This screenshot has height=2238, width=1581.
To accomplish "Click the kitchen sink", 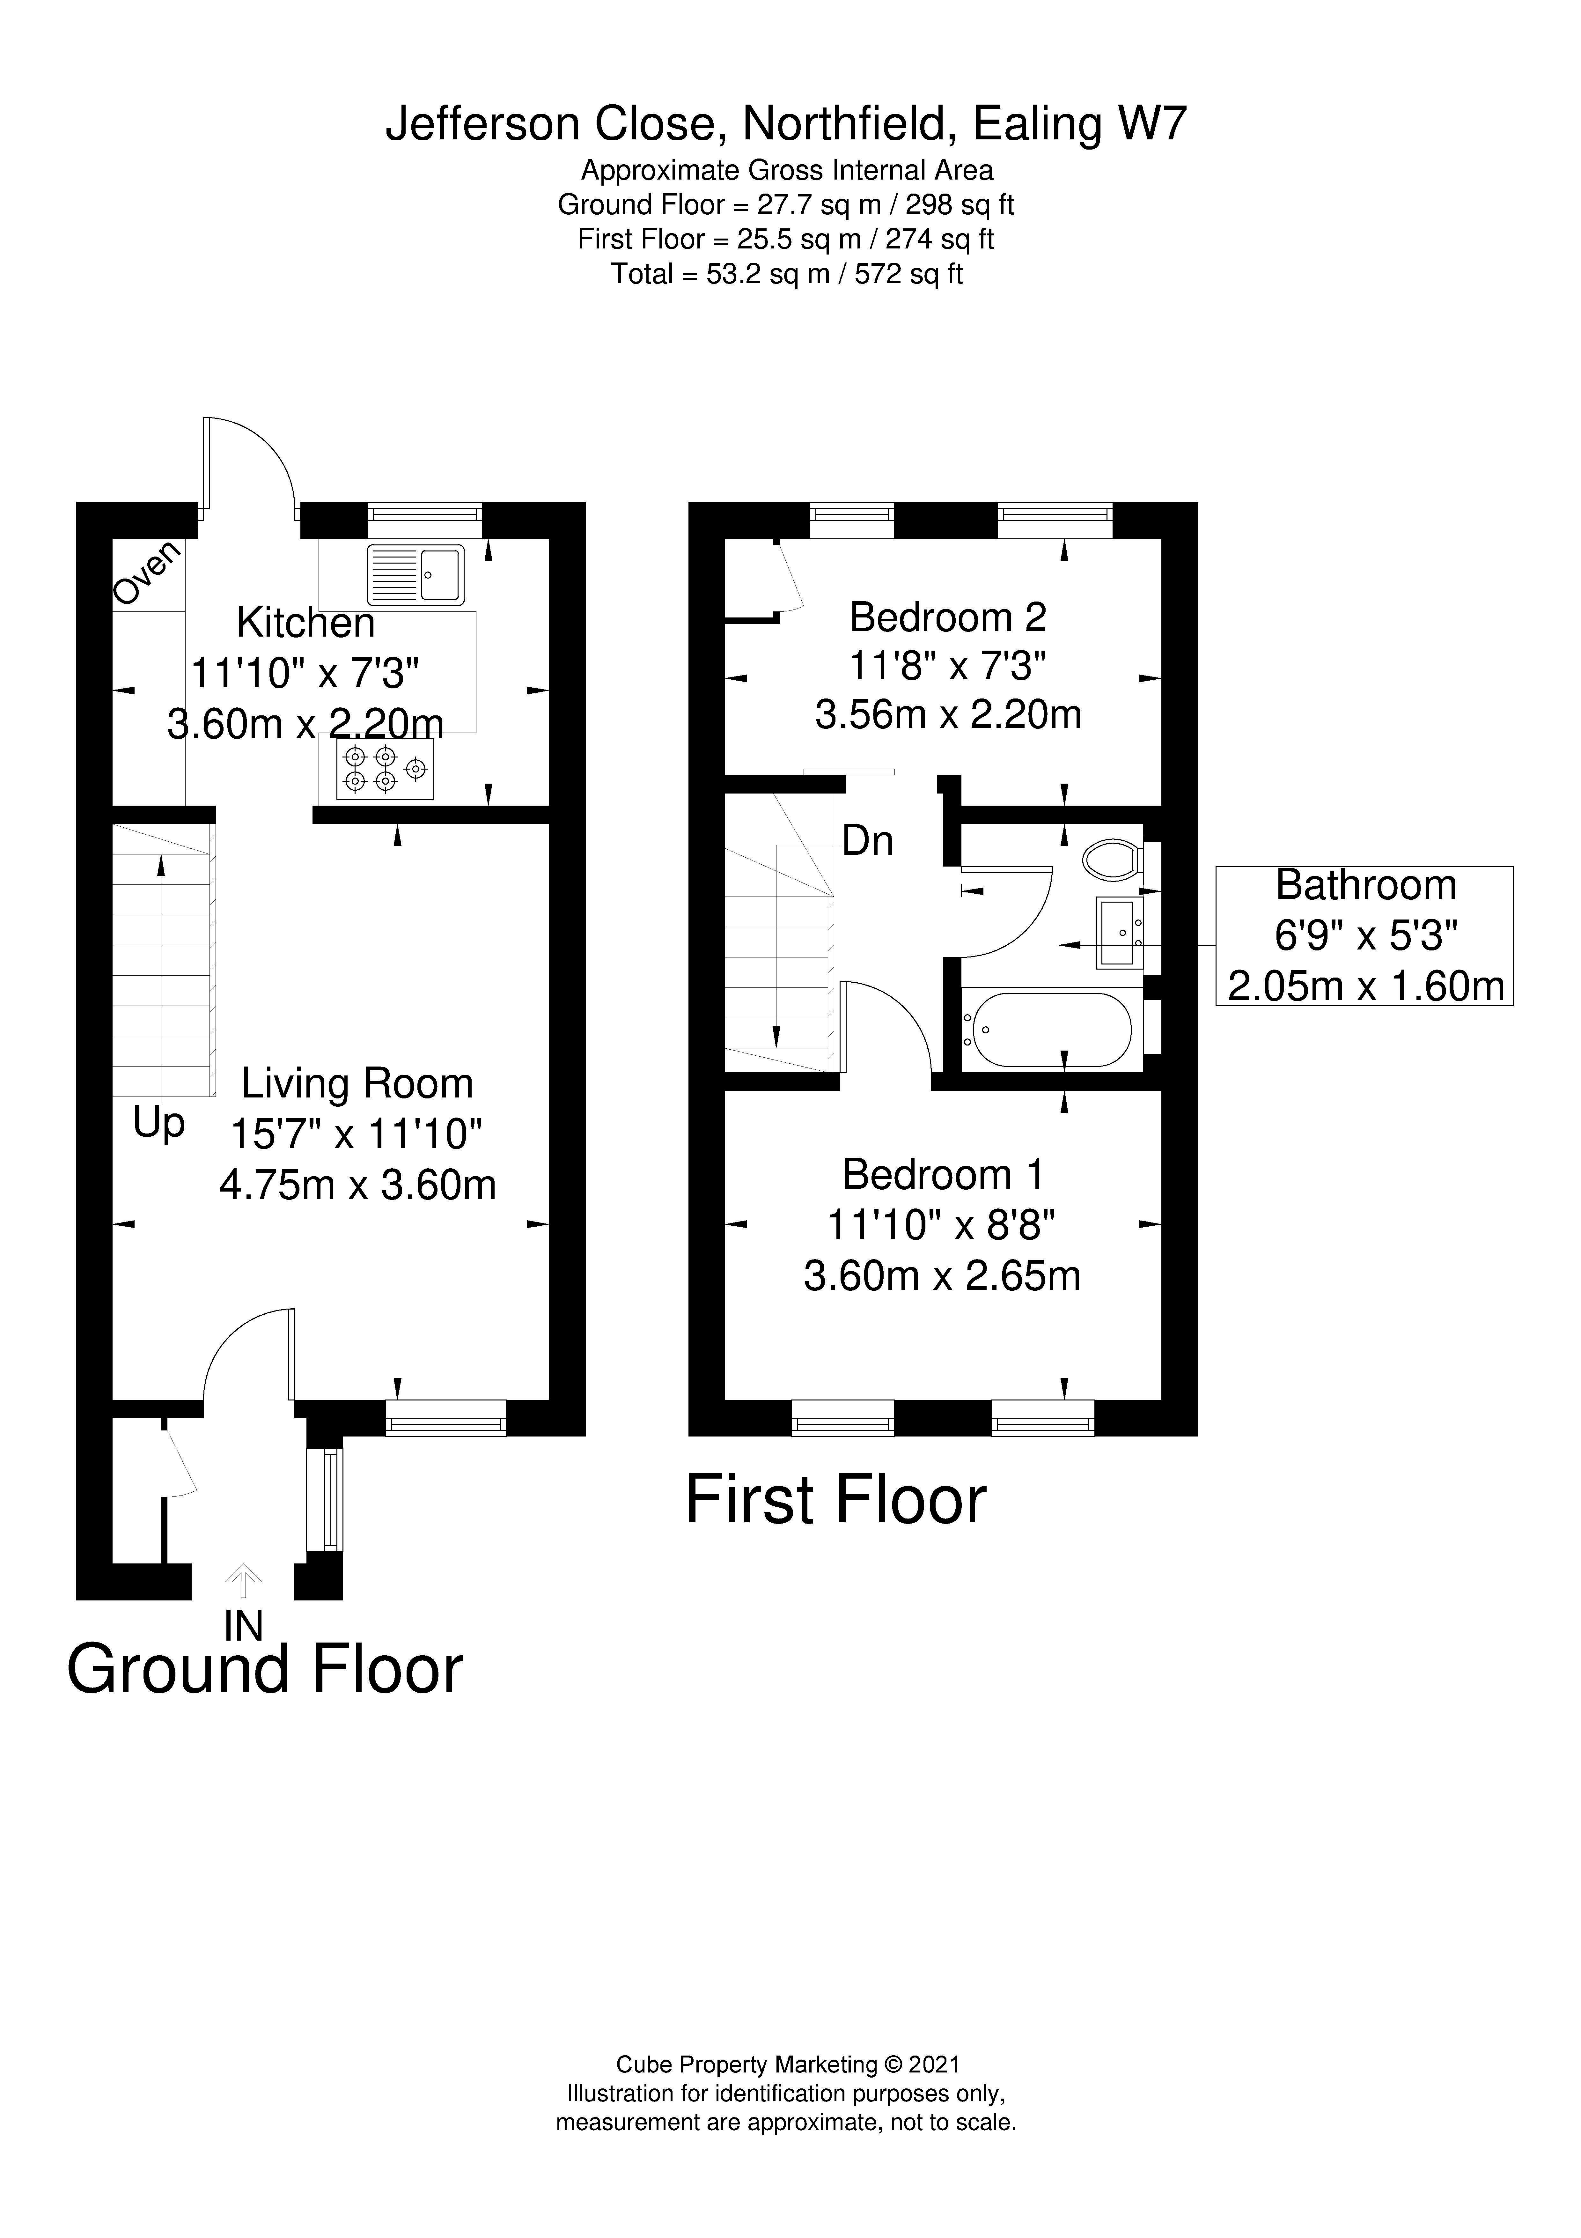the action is pos(416,574).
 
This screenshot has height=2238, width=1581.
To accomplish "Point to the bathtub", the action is pos(1047,1029).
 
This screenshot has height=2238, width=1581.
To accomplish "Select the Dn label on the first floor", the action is pos(867,840).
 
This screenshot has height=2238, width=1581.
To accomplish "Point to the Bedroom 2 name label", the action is pos(948,617).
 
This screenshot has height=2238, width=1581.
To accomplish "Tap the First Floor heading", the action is pos(836,1500).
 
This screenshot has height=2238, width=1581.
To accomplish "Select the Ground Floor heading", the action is pos(265,1670).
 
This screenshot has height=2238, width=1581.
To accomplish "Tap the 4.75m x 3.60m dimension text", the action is pos(358,1185).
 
